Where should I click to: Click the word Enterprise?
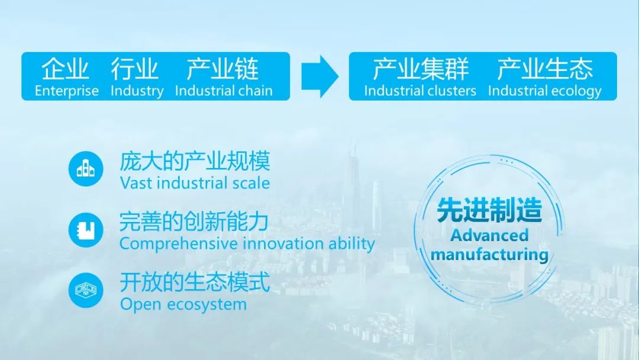pyautogui.click(x=66, y=91)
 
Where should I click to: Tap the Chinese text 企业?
pyautogui.click(x=66, y=70)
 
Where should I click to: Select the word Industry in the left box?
pyautogui.click(x=137, y=91)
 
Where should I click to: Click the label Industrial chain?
pyautogui.click(x=224, y=91)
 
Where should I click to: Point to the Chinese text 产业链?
pyautogui.click(x=223, y=70)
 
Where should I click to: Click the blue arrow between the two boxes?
pyautogui.click(x=319, y=76)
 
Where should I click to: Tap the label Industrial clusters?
pyautogui.click(x=420, y=91)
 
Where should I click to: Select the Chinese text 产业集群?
pyautogui.click(x=420, y=70)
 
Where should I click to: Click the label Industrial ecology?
pyautogui.click(x=544, y=91)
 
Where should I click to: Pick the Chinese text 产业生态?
pyautogui.click(x=544, y=70)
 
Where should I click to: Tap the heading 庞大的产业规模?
pyautogui.click(x=195, y=161)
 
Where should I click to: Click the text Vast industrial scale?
pyautogui.click(x=195, y=182)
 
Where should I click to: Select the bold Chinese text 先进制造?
pyautogui.click(x=489, y=210)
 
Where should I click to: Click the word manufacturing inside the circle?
pyautogui.click(x=489, y=255)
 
